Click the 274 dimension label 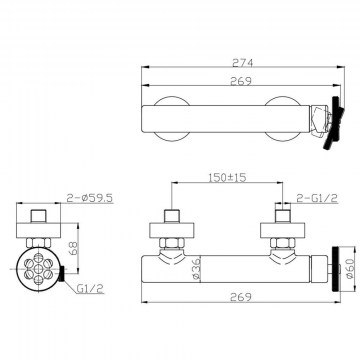(x=243, y=62)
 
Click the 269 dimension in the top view (x=240, y=81)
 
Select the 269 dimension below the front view (x=240, y=297)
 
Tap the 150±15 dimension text (x=227, y=178)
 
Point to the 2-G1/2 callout (x=317, y=198)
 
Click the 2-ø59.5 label (x=90, y=198)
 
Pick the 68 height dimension (x=74, y=248)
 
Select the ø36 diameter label (x=196, y=268)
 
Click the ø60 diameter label (x=350, y=268)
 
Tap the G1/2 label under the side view (x=90, y=289)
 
